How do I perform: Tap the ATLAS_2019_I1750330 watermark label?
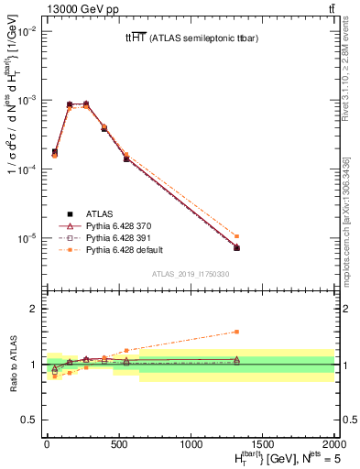190,274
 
